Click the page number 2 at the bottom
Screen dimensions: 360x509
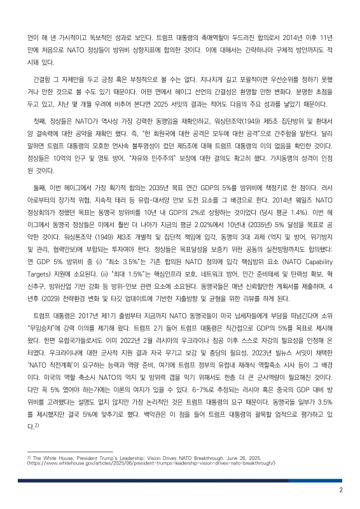point(341,491)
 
